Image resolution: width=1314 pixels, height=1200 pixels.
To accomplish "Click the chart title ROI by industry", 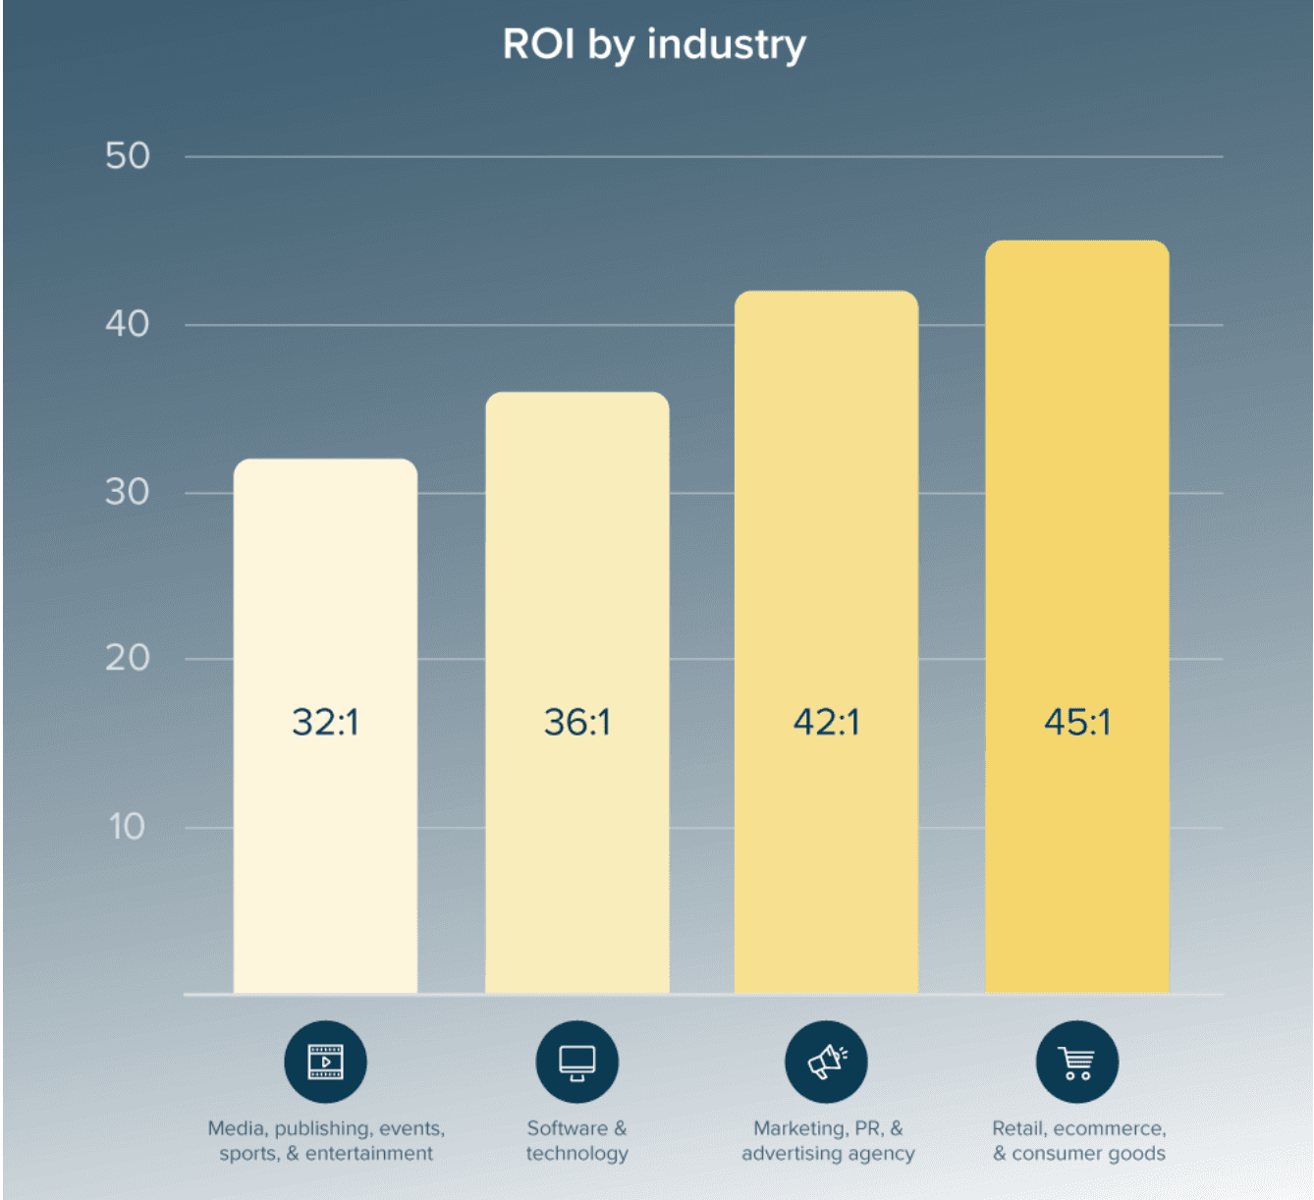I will [x=654, y=45].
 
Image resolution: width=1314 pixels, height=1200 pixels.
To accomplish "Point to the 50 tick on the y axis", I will [x=128, y=156].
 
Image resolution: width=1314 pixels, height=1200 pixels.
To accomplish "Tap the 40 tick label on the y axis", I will [x=128, y=324].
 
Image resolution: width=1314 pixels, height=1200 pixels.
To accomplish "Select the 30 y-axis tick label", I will [x=128, y=492].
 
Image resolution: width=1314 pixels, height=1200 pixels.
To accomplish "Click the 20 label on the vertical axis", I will [x=128, y=658].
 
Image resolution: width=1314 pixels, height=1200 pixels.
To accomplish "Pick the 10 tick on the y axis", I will [x=128, y=827].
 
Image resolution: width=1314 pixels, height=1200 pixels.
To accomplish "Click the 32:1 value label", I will [x=325, y=723].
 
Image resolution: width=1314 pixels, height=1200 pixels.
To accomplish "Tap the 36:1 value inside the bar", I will [x=577, y=723].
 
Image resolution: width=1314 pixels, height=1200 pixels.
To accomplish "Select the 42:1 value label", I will [x=827, y=723].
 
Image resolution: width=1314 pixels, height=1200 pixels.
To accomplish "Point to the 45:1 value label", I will [x=1077, y=723].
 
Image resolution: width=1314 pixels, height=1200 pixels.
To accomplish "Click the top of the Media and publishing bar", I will [x=325, y=461].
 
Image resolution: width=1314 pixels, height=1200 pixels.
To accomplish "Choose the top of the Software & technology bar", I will [x=577, y=394].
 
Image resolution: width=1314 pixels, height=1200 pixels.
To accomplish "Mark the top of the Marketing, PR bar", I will [x=827, y=293].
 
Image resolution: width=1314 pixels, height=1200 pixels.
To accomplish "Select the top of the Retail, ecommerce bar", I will [x=1077, y=243].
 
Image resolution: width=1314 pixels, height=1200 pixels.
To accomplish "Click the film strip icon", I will [x=325, y=1063].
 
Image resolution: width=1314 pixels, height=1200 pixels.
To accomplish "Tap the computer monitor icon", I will [x=577, y=1063].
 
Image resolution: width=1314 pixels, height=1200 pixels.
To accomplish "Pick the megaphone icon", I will [x=826, y=1063].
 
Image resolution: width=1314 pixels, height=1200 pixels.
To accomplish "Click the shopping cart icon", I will [x=1077, y=1063].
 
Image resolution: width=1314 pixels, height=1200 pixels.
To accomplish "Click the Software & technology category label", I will [x=577, y=1141].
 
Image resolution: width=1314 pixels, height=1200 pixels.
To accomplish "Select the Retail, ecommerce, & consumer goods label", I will [x=1078, y=1141].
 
